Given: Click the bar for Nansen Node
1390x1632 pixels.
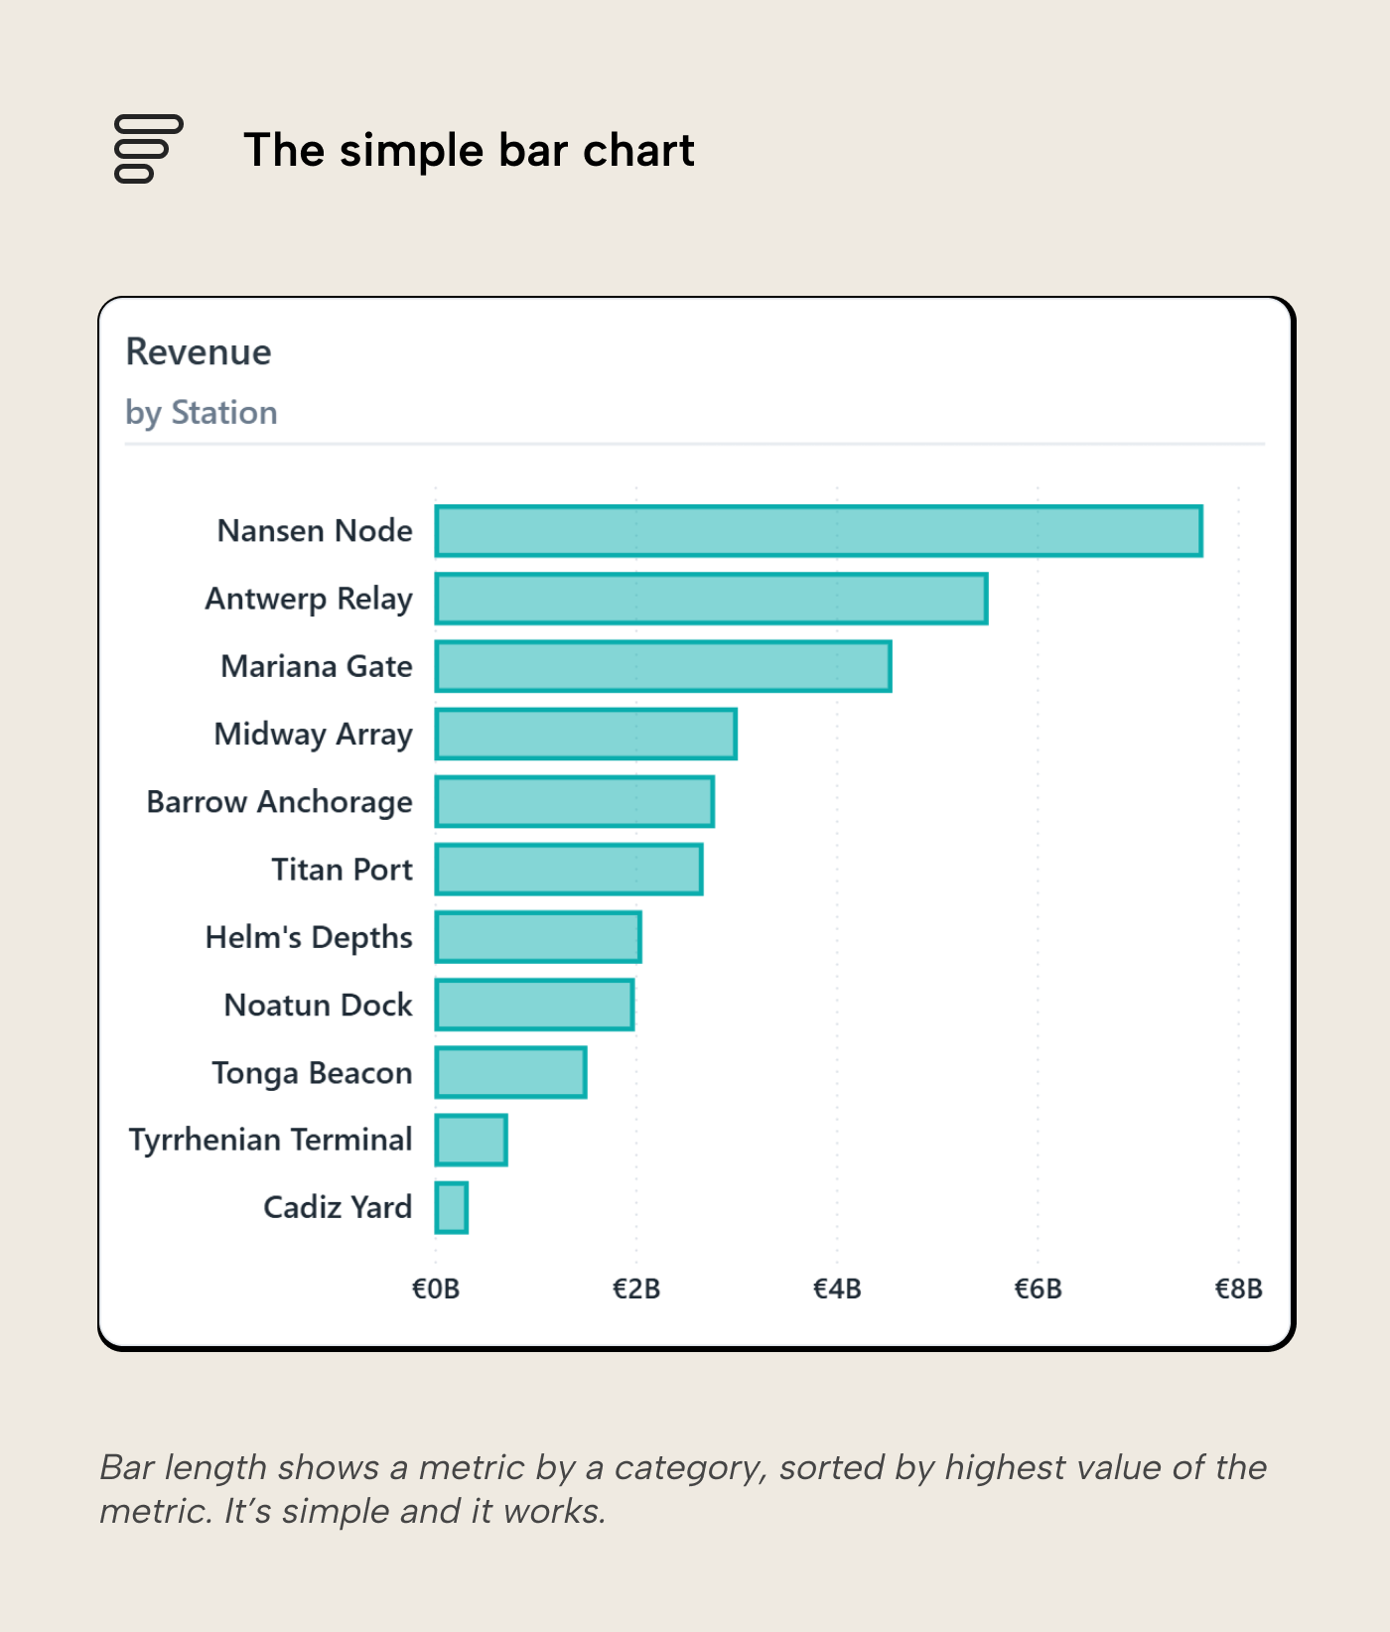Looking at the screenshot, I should click(x=818, y=531).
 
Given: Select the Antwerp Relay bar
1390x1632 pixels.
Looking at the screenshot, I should click(x=711, y=599).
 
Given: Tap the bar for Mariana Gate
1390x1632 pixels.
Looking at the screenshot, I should click(x=663, y=666).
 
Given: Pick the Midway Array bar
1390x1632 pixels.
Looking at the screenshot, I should click(x=586, y=734).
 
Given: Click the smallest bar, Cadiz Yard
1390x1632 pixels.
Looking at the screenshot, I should click(x=452, y=1208).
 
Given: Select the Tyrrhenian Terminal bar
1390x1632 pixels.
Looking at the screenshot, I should click(x=472, y=1140).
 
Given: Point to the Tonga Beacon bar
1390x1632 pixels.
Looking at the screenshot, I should click(x=510, y=1072).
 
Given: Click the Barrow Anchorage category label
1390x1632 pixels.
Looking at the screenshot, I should click(x=279, y=802).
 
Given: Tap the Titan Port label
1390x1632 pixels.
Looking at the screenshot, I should click(x=342, y=870).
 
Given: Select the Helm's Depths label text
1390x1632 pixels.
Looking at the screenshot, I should click(x=309, y=937).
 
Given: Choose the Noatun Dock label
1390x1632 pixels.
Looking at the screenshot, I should click(x=318, y=1005).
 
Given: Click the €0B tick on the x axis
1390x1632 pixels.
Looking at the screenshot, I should click(x=436, y=1289).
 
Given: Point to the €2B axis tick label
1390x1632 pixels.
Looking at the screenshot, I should click(x=636, y=1289).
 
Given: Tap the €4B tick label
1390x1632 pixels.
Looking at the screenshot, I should click(x=837, y=1289).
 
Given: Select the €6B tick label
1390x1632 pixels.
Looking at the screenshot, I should click(x=1038, y=1289).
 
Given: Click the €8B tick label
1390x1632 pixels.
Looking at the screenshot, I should click(x=1238, y=1289).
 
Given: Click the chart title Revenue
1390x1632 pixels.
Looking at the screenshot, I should click(x=199, y=352).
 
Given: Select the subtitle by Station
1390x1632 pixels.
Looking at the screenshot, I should click(x=202, y=412).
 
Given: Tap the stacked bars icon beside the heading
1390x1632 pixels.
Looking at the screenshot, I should click(x=149, y=149).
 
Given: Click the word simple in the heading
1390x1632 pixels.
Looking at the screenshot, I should click(x=412, y=151).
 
